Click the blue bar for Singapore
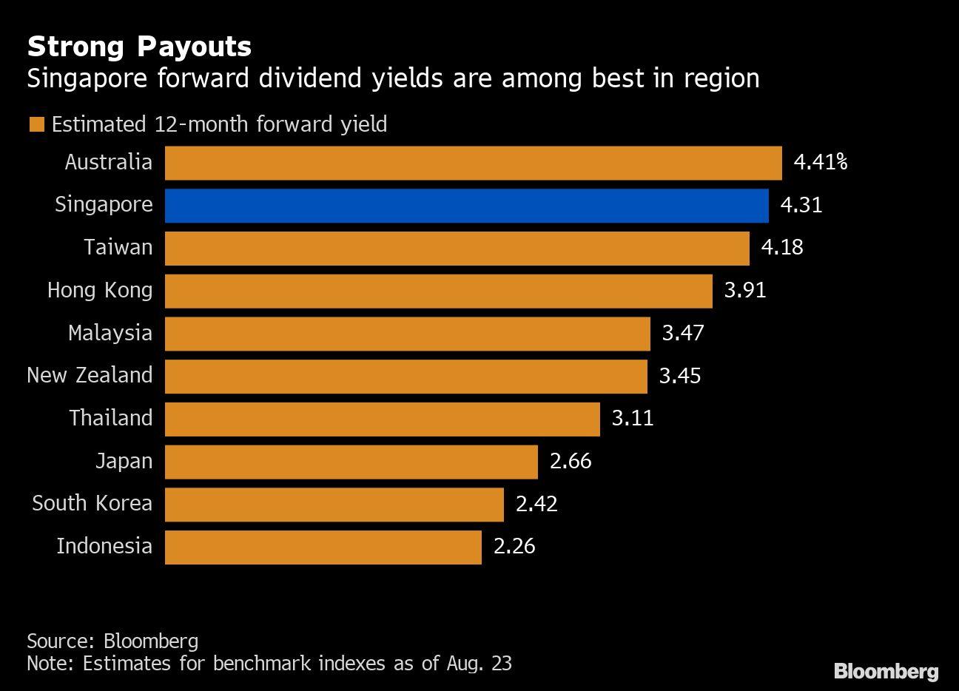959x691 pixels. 466,206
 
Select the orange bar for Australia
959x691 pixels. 473,163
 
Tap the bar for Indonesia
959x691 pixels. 323,547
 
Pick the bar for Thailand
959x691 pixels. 382,419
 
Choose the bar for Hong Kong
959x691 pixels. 438,291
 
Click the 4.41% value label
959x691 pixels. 820,162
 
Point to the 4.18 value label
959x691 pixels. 782,247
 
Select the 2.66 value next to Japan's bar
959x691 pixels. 571,462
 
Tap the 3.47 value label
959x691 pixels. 683,333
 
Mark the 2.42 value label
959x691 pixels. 536,504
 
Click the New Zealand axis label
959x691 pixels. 90,375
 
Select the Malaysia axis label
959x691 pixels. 110,333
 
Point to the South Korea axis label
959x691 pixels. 92,503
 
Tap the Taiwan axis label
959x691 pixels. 118,247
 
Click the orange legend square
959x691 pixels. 36,124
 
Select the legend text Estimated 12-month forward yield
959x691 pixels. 219,124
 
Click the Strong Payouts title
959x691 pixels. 139,47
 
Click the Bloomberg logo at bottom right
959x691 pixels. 886,671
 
